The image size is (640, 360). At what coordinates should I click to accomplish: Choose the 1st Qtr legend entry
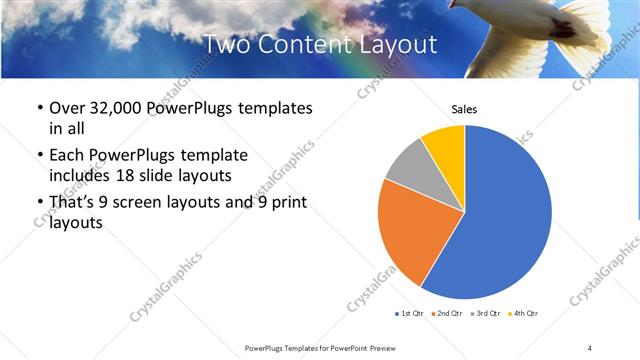coord(410,314)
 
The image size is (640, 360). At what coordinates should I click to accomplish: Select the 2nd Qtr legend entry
coord(447,314)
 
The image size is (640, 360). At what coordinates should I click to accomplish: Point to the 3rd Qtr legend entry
coord(485,314)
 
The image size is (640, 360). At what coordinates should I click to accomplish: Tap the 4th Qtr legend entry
coord(524,314)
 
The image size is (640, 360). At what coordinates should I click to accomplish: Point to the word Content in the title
coord(304,45)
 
